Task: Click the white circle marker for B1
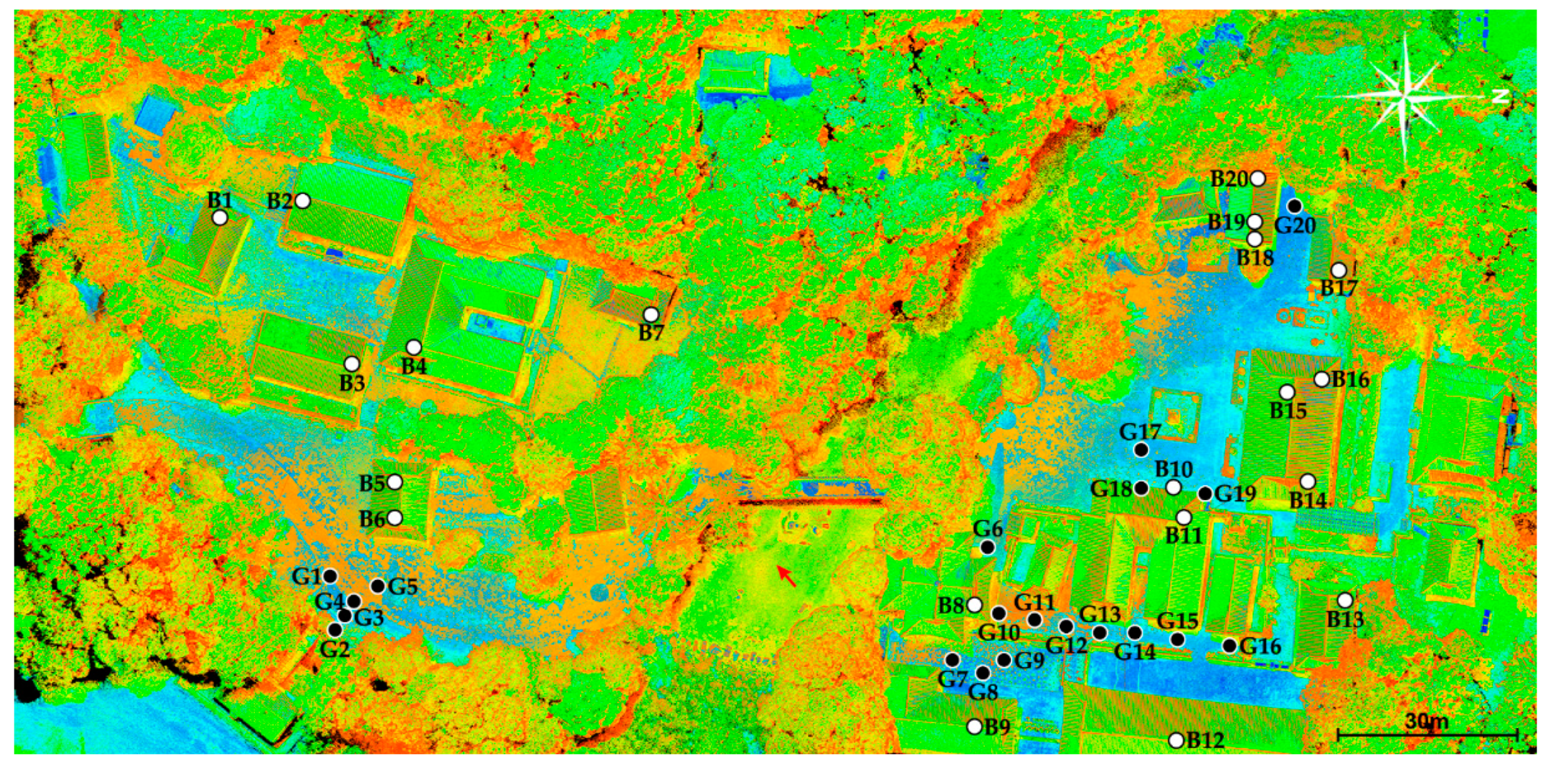[x=220, y=218]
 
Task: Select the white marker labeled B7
[x=650, y=314]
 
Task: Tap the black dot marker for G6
[x=988, y=547]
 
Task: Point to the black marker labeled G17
[x=1140, y=450]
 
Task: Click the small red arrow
[x=786, y=576]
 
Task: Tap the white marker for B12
[x=1176, y=741]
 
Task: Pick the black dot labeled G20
[x=1294, y=206]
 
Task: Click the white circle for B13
[x=1345, y=600]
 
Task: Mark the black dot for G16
[x=1230, y=646]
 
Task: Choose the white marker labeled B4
[x=413, y=348]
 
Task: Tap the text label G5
[x=403, y=587]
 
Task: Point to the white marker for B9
[x=975, y=727]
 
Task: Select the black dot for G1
[x=330, y=576]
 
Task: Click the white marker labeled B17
[x=1338, y=270]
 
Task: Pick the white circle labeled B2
[x=303, y=201]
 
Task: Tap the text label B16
[x=1350, y=380]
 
